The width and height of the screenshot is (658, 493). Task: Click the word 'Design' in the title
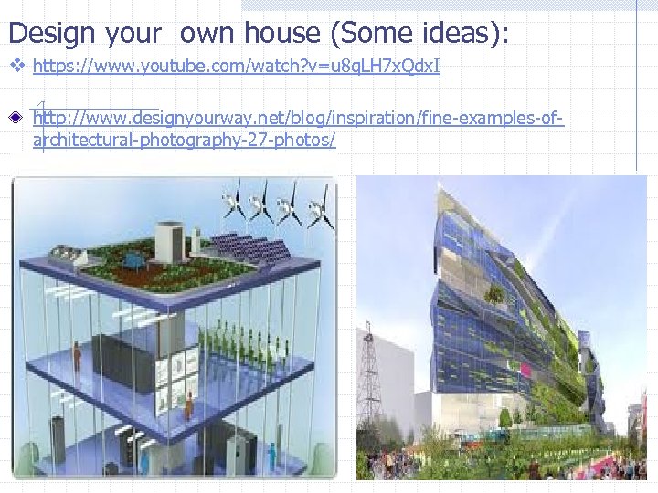coord(51,33)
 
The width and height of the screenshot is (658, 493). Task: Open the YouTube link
coord(237,67)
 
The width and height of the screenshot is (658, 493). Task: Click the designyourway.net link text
coord(298,120)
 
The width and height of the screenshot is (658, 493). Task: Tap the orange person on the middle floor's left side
coord(77,356)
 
